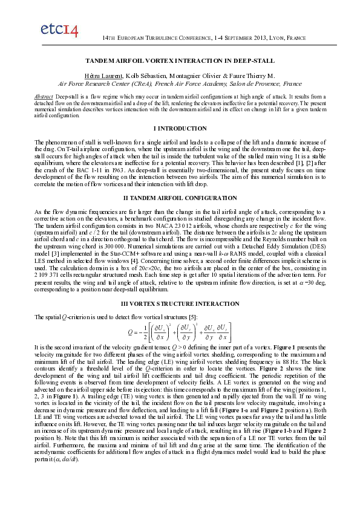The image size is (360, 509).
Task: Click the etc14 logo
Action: (59, 30)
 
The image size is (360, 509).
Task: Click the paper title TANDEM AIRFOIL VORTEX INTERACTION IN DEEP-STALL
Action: (180, 61)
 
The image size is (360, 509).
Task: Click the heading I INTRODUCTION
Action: (180, 128)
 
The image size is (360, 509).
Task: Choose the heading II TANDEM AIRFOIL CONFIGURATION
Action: (180, 198)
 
